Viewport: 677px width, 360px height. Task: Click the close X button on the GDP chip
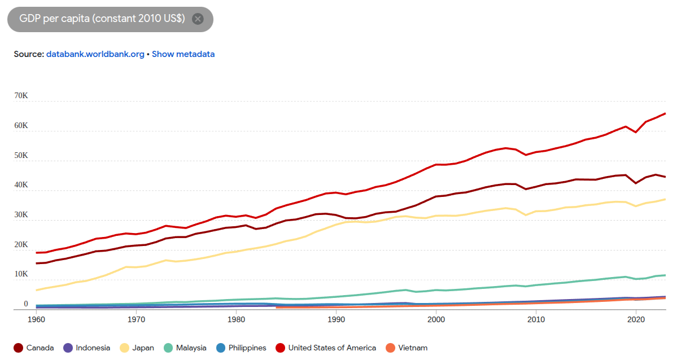[x=198, y=19]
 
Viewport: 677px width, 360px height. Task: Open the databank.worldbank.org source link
[x=95, y=54]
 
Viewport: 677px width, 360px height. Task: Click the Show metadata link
[x=183, y=54]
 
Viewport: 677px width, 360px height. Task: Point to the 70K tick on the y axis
[x=21, y=96]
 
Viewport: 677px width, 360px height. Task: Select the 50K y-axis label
[x=21, y=155]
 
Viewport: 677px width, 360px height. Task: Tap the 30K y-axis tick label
[x=21, y=215]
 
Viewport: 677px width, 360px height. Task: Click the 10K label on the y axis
[x=21, y=274]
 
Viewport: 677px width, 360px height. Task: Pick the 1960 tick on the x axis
[x=36, y=319]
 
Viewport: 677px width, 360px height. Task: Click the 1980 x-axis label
[x=236, y=319]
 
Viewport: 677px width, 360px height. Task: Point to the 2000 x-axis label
[x=436, y=319]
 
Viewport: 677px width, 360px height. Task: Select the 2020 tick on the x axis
[x=636, y=319]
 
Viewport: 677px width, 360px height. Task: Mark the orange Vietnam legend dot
[x=391, y=348]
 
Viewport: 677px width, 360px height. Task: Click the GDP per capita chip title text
[x=102, y=19]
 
